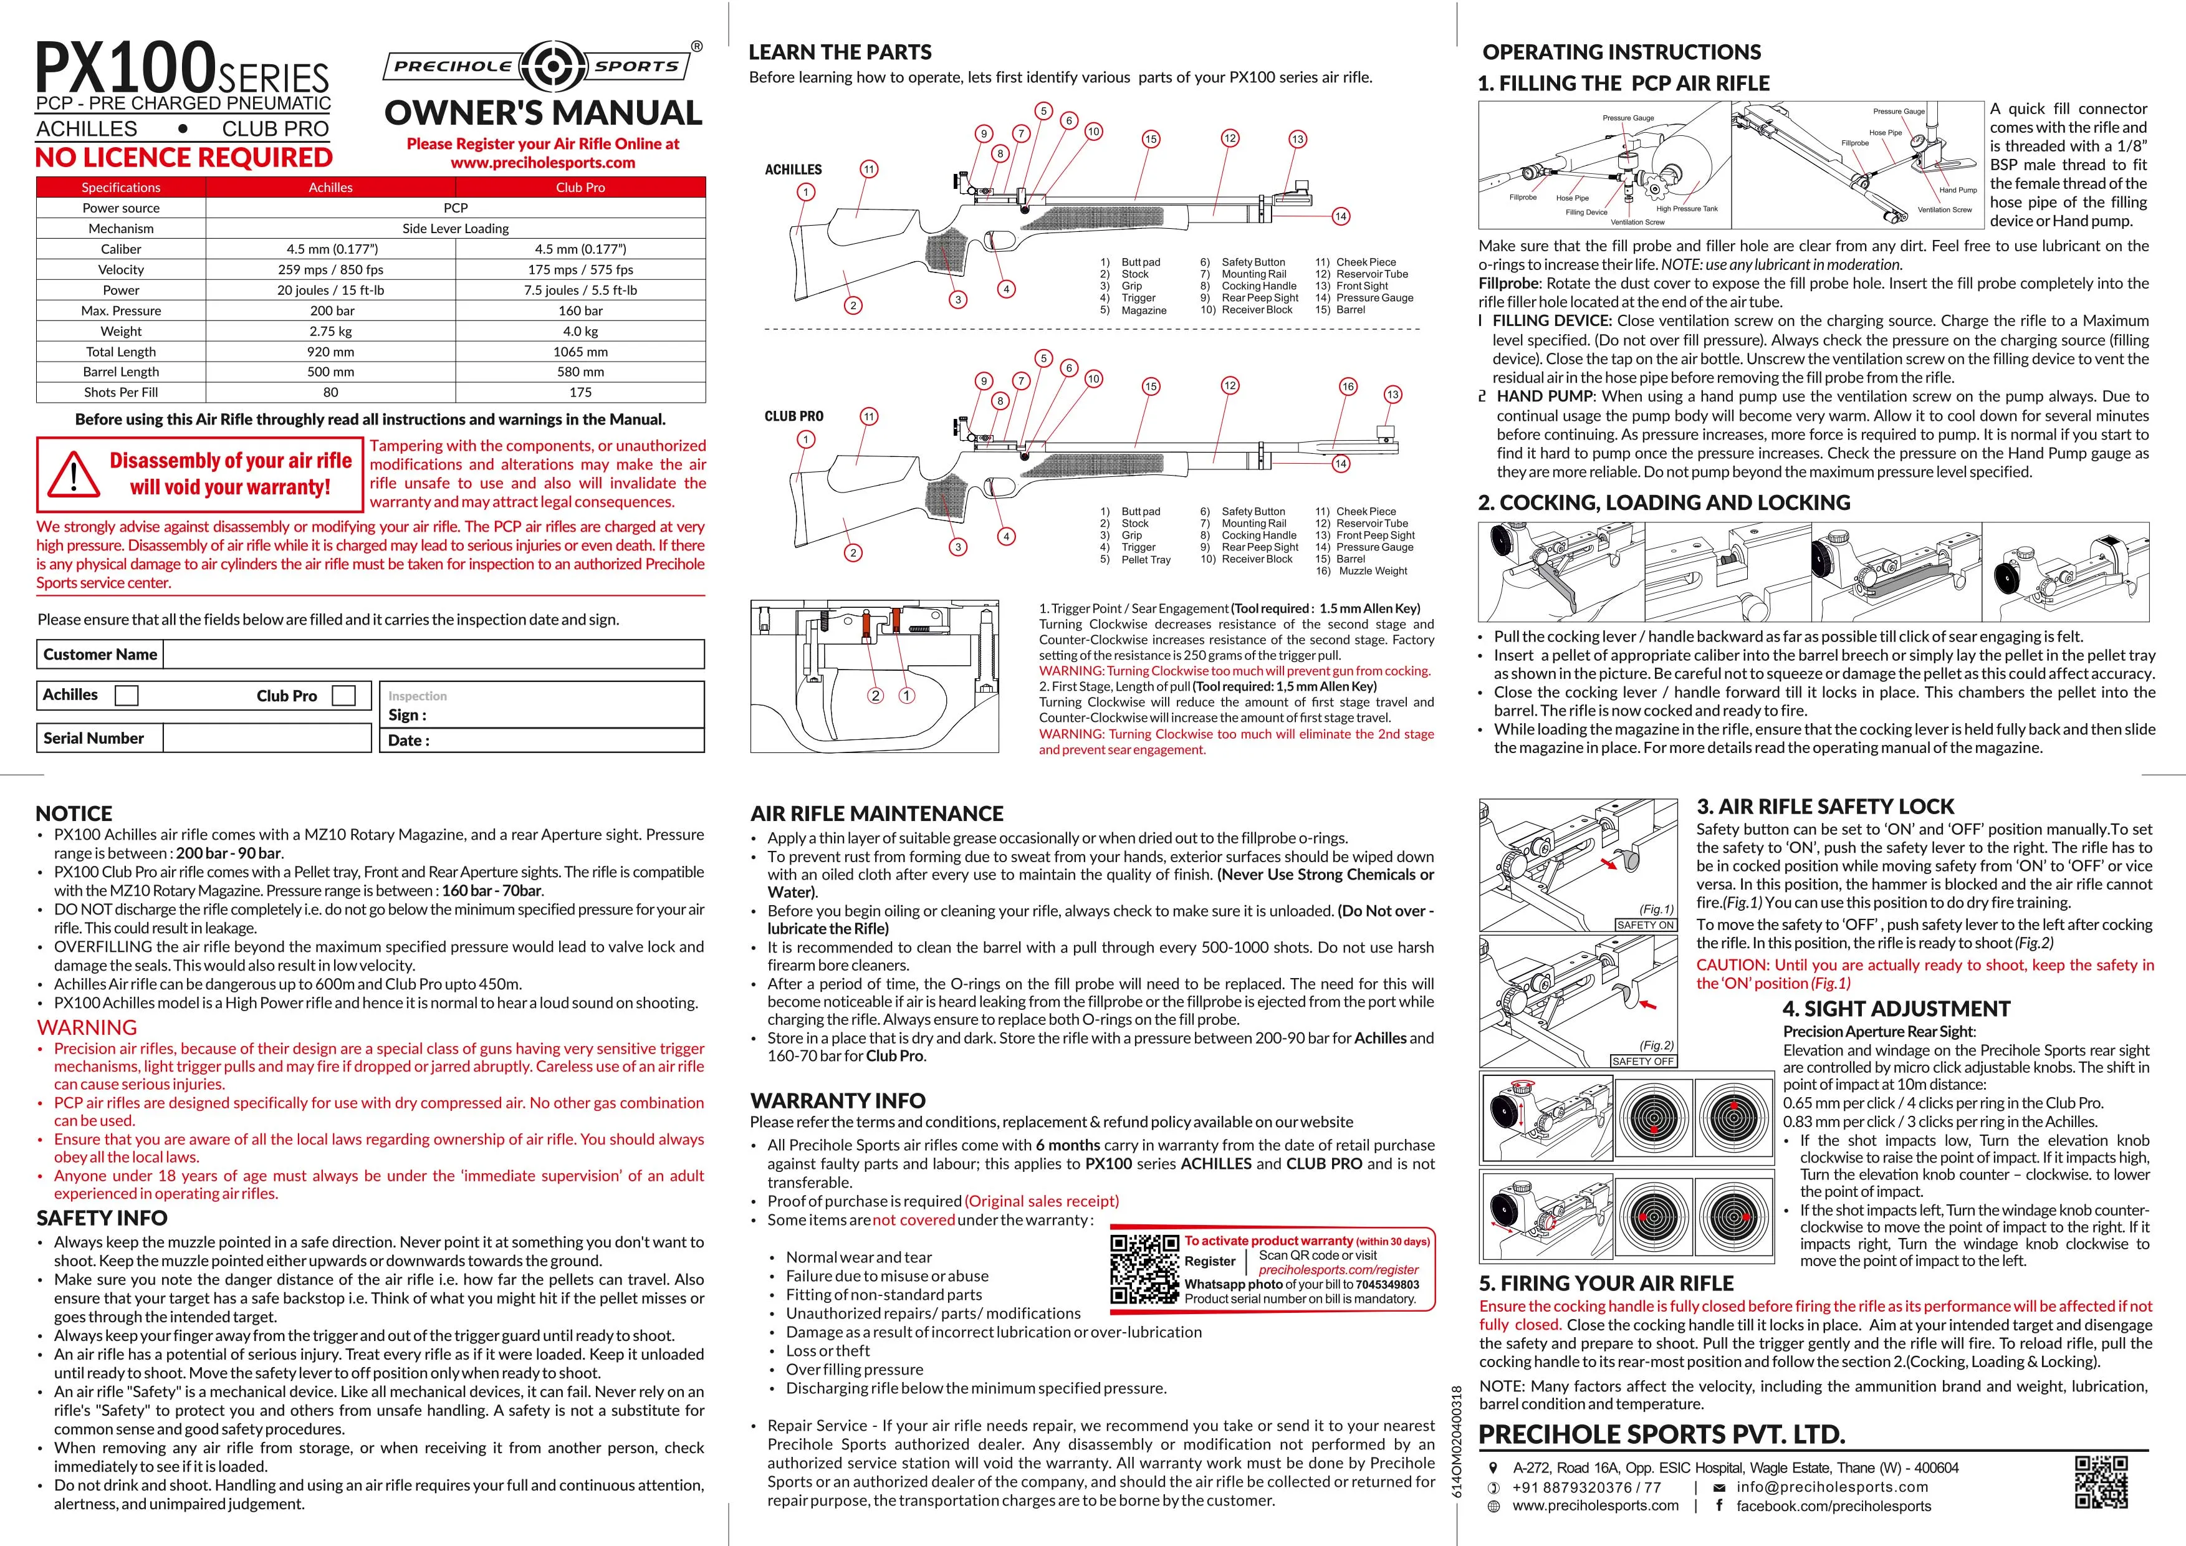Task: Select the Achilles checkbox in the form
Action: [126, 696]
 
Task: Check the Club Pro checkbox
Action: [343, 696]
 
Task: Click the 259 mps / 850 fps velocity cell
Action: [330, 269]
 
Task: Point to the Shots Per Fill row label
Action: [121, 392]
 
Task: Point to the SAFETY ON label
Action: [1645, 924]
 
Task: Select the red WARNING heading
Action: [87, 1027]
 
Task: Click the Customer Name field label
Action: [100, 654]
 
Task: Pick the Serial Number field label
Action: [93, 737]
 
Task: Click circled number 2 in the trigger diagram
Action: [875, 696]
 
